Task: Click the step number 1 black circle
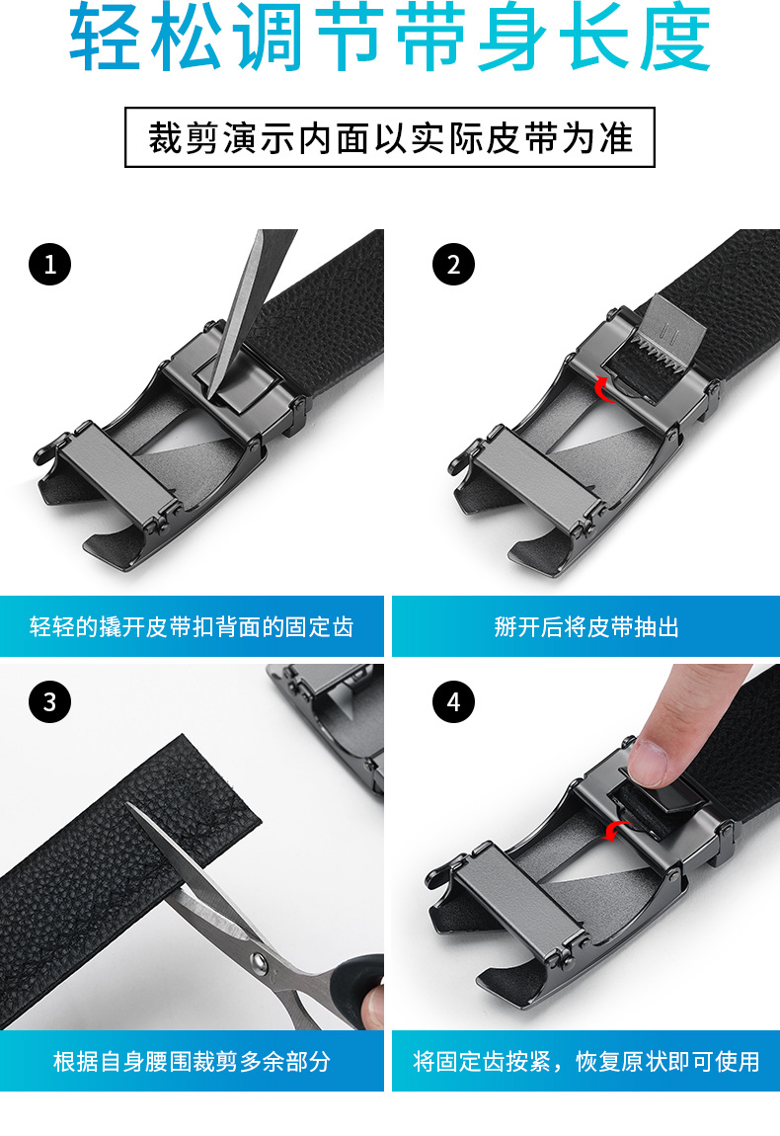pos(50,265)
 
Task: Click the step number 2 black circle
pos(453,265)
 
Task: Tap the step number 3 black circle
pos(50,701)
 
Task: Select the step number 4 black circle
pos(453,701)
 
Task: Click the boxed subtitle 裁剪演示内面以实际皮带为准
pos(390,137)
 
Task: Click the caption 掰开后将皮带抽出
pos(585,626)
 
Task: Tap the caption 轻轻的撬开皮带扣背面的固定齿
pos(192,626)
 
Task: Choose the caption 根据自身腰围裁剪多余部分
pos(192,1061)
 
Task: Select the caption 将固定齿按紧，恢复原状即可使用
pos(585,1061)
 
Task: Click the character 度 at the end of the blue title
pos(675,37)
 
